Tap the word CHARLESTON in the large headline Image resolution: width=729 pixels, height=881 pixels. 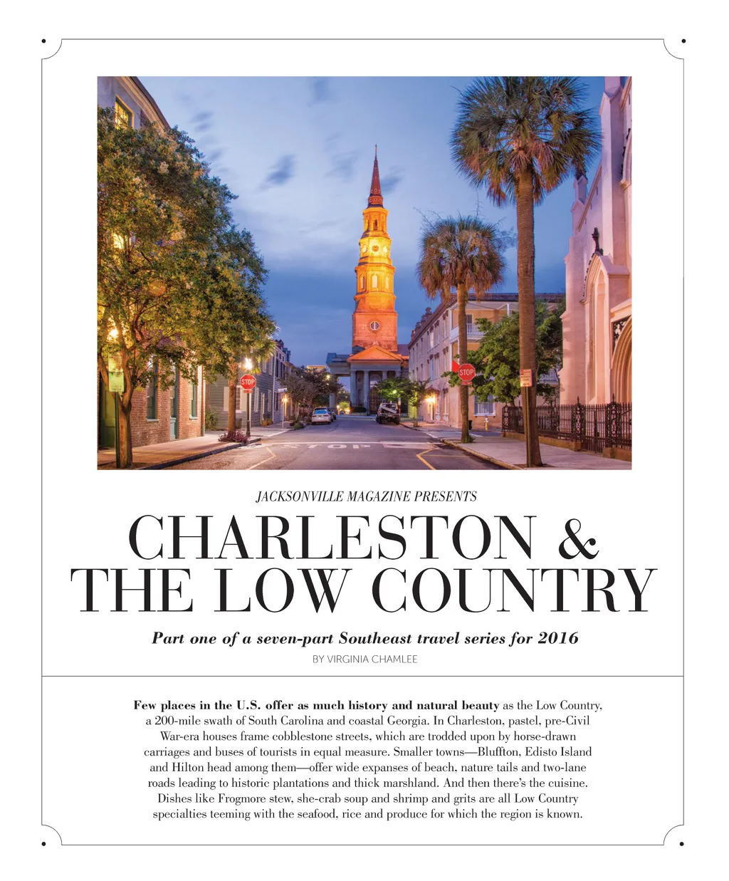coord(330,537)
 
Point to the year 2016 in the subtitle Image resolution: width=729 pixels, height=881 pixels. coord(558,638)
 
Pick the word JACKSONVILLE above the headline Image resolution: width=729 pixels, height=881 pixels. coord(292,496)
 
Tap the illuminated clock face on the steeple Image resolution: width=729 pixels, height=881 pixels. coord(373,249)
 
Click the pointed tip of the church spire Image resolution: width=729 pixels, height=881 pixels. coord(375,147)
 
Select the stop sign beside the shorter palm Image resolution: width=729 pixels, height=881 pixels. coord(466,372)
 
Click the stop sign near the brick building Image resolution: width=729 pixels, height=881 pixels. coord(247,382)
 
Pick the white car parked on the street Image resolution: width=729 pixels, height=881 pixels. coord(321,416)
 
